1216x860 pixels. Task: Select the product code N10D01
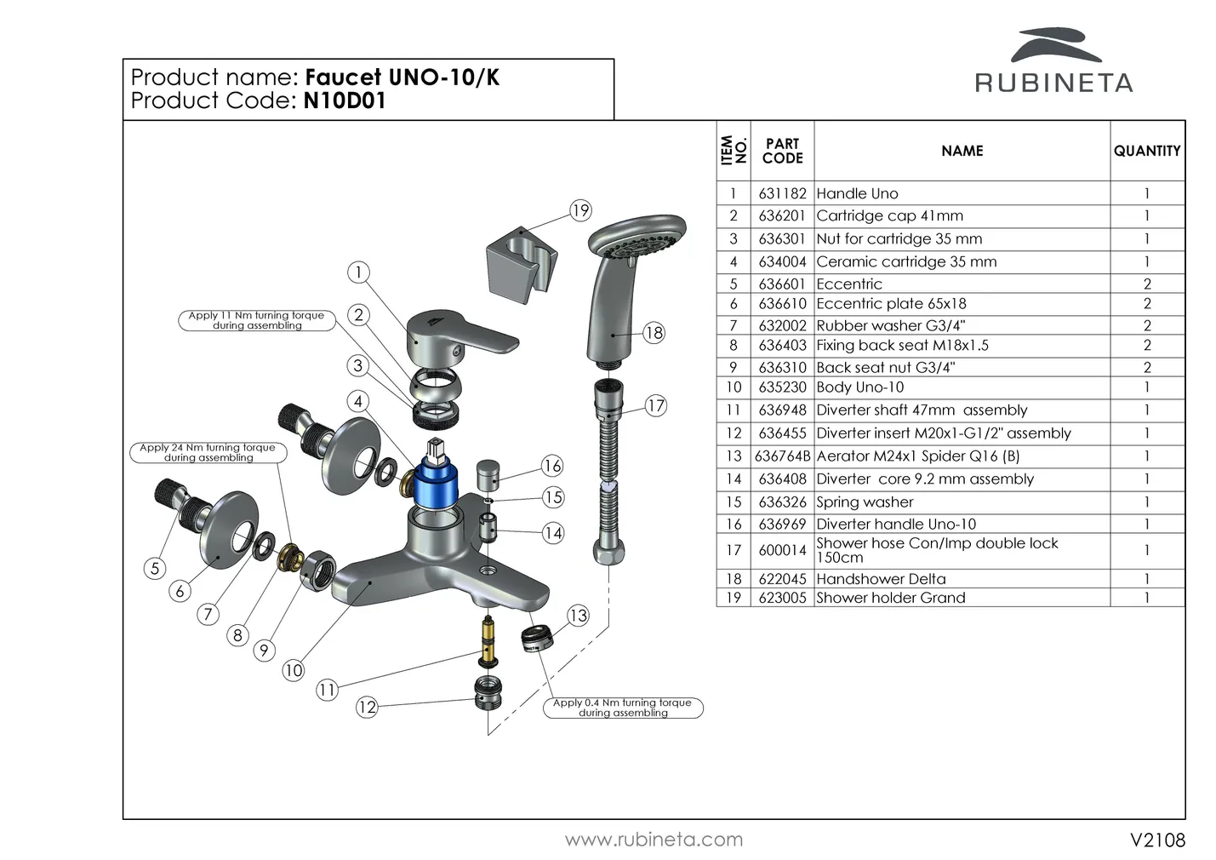[x=344, y=101]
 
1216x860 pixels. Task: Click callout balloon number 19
[x=580, y=210]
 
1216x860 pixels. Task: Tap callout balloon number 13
[x=578, y=616]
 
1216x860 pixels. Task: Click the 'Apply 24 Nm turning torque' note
[x=208, y=452]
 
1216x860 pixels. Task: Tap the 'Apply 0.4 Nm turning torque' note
[x=623, y=708]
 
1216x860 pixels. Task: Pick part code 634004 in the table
[x=782, y=262]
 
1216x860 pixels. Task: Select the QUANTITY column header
[x=1147, y=151]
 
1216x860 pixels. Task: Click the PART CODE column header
[x=782, y=151]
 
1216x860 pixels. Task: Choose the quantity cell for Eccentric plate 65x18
[x=1147, y=304]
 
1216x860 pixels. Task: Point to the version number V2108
[x=1157, y=840]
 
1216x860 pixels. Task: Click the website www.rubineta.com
[x=654, y=840]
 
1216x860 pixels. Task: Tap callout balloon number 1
[x=359, y=272]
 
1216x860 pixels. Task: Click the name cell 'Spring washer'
[x=865, y=502]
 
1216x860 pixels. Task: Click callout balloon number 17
[x=655, y=405]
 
